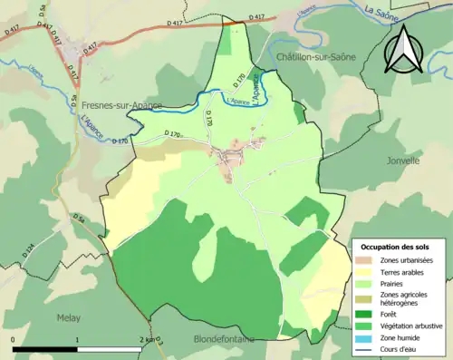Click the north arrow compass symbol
click(x=406, y=53)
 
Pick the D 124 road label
click(x=30, y=248)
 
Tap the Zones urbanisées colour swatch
click(x=366, y=260)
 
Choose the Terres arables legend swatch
click(x=366, y=271)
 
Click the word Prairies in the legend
click(x=394, y=282)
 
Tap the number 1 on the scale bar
click(x=77, y=339)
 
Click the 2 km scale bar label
click(x=146, y=339)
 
